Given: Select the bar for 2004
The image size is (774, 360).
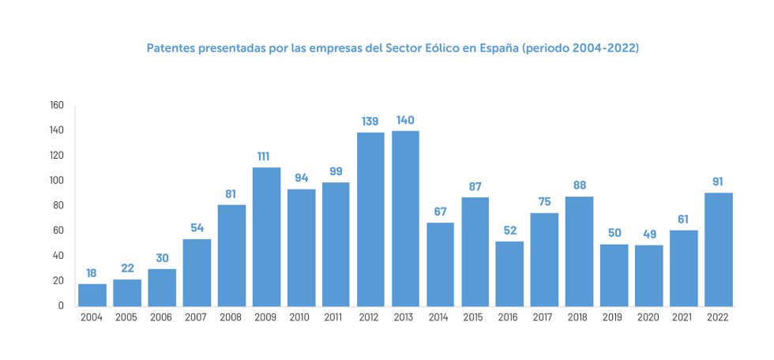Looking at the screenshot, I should [x=92, y=294].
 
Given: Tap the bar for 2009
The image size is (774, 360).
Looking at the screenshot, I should [x=266, y=237].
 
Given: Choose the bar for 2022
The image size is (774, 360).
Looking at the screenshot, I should [x=718, y=249].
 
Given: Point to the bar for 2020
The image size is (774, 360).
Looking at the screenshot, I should [x=648, y=276].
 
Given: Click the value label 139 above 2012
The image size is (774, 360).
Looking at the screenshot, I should [x=370, y=122].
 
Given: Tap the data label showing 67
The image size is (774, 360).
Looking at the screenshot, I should [x=440, y=212].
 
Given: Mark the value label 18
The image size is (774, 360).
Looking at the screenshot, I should [x=92, y=273].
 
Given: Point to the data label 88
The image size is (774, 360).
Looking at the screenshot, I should [x=579, y=186].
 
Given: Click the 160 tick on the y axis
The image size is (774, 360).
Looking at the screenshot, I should [x=56, y=105].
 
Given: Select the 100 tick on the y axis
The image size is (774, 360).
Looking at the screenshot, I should [x=56, y=180].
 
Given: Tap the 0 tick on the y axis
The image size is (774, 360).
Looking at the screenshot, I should [x=61, y=306].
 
